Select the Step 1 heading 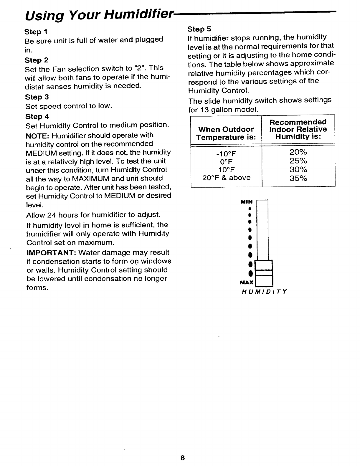(36, 32)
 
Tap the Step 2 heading (37, 60)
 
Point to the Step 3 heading (37, 97)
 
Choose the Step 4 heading (37, 116)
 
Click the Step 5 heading (199, 29)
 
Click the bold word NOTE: (35, 135)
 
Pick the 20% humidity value (298, 152)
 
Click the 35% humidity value (298, 178)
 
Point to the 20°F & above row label (226, 178)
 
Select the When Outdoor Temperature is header (226, 133)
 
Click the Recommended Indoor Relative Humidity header (298, 129)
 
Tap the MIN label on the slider (247, 202)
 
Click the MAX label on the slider (247, 283)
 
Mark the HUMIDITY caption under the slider (264, 292)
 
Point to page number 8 (183, 458)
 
